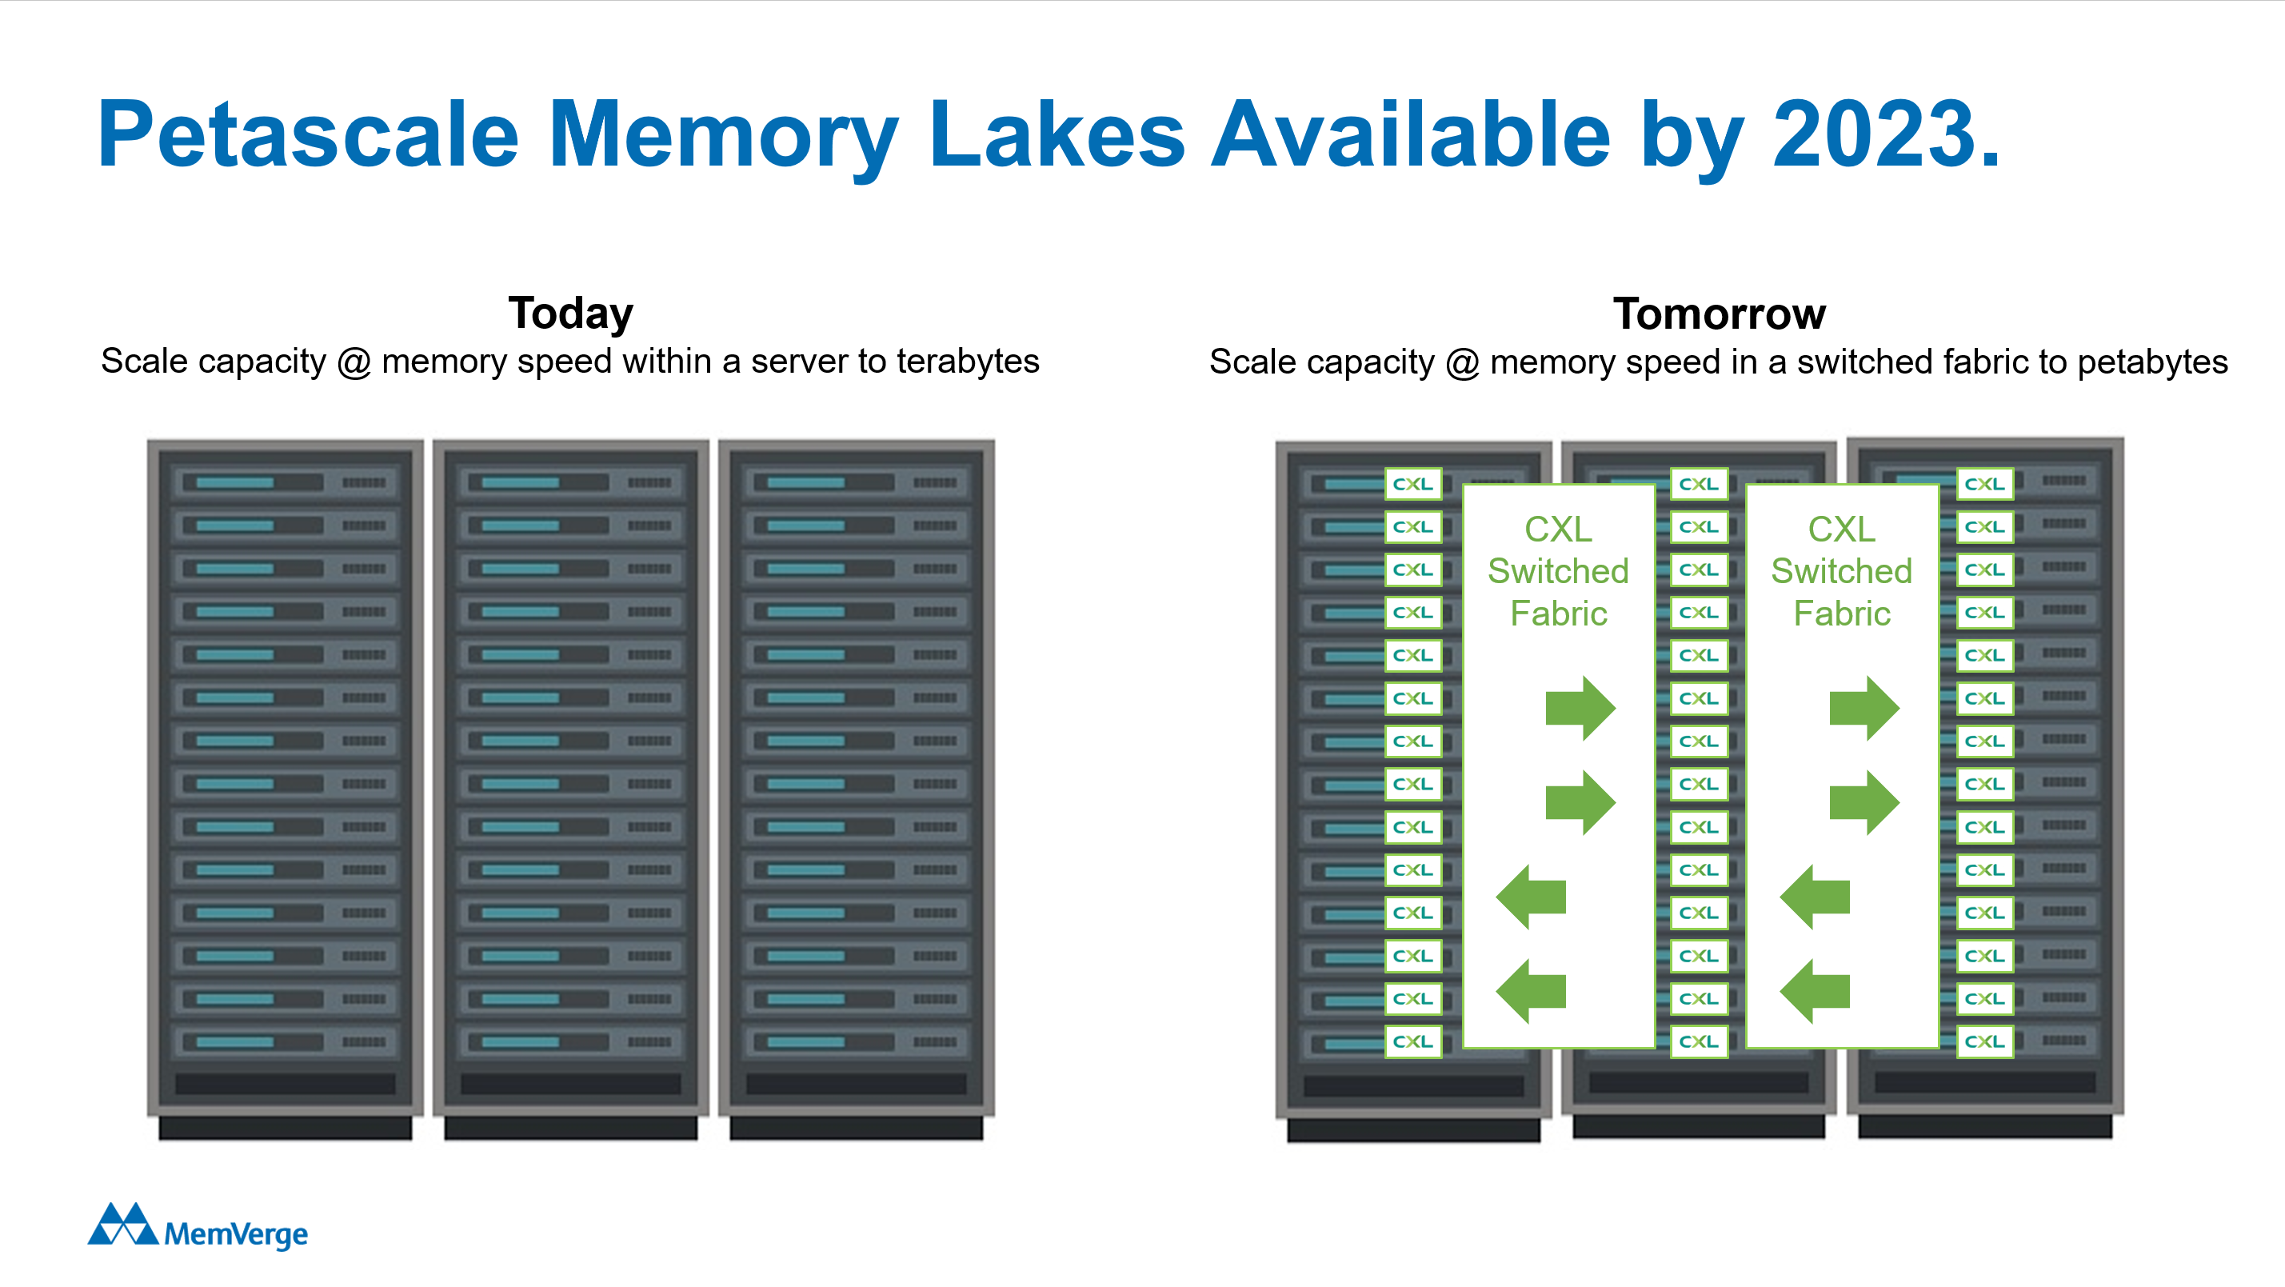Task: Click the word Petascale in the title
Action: click(308, 135)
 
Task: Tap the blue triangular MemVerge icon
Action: click(122, 1225)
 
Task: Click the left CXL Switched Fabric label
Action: click(1559, 571)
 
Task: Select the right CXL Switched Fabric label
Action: click(1841, 571)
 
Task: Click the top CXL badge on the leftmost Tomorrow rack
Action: click(1413, 484)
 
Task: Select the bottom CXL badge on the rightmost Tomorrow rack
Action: click(1984, 1041)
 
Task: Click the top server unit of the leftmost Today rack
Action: click(285, 482)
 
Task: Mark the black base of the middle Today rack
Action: click(570, 1127)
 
